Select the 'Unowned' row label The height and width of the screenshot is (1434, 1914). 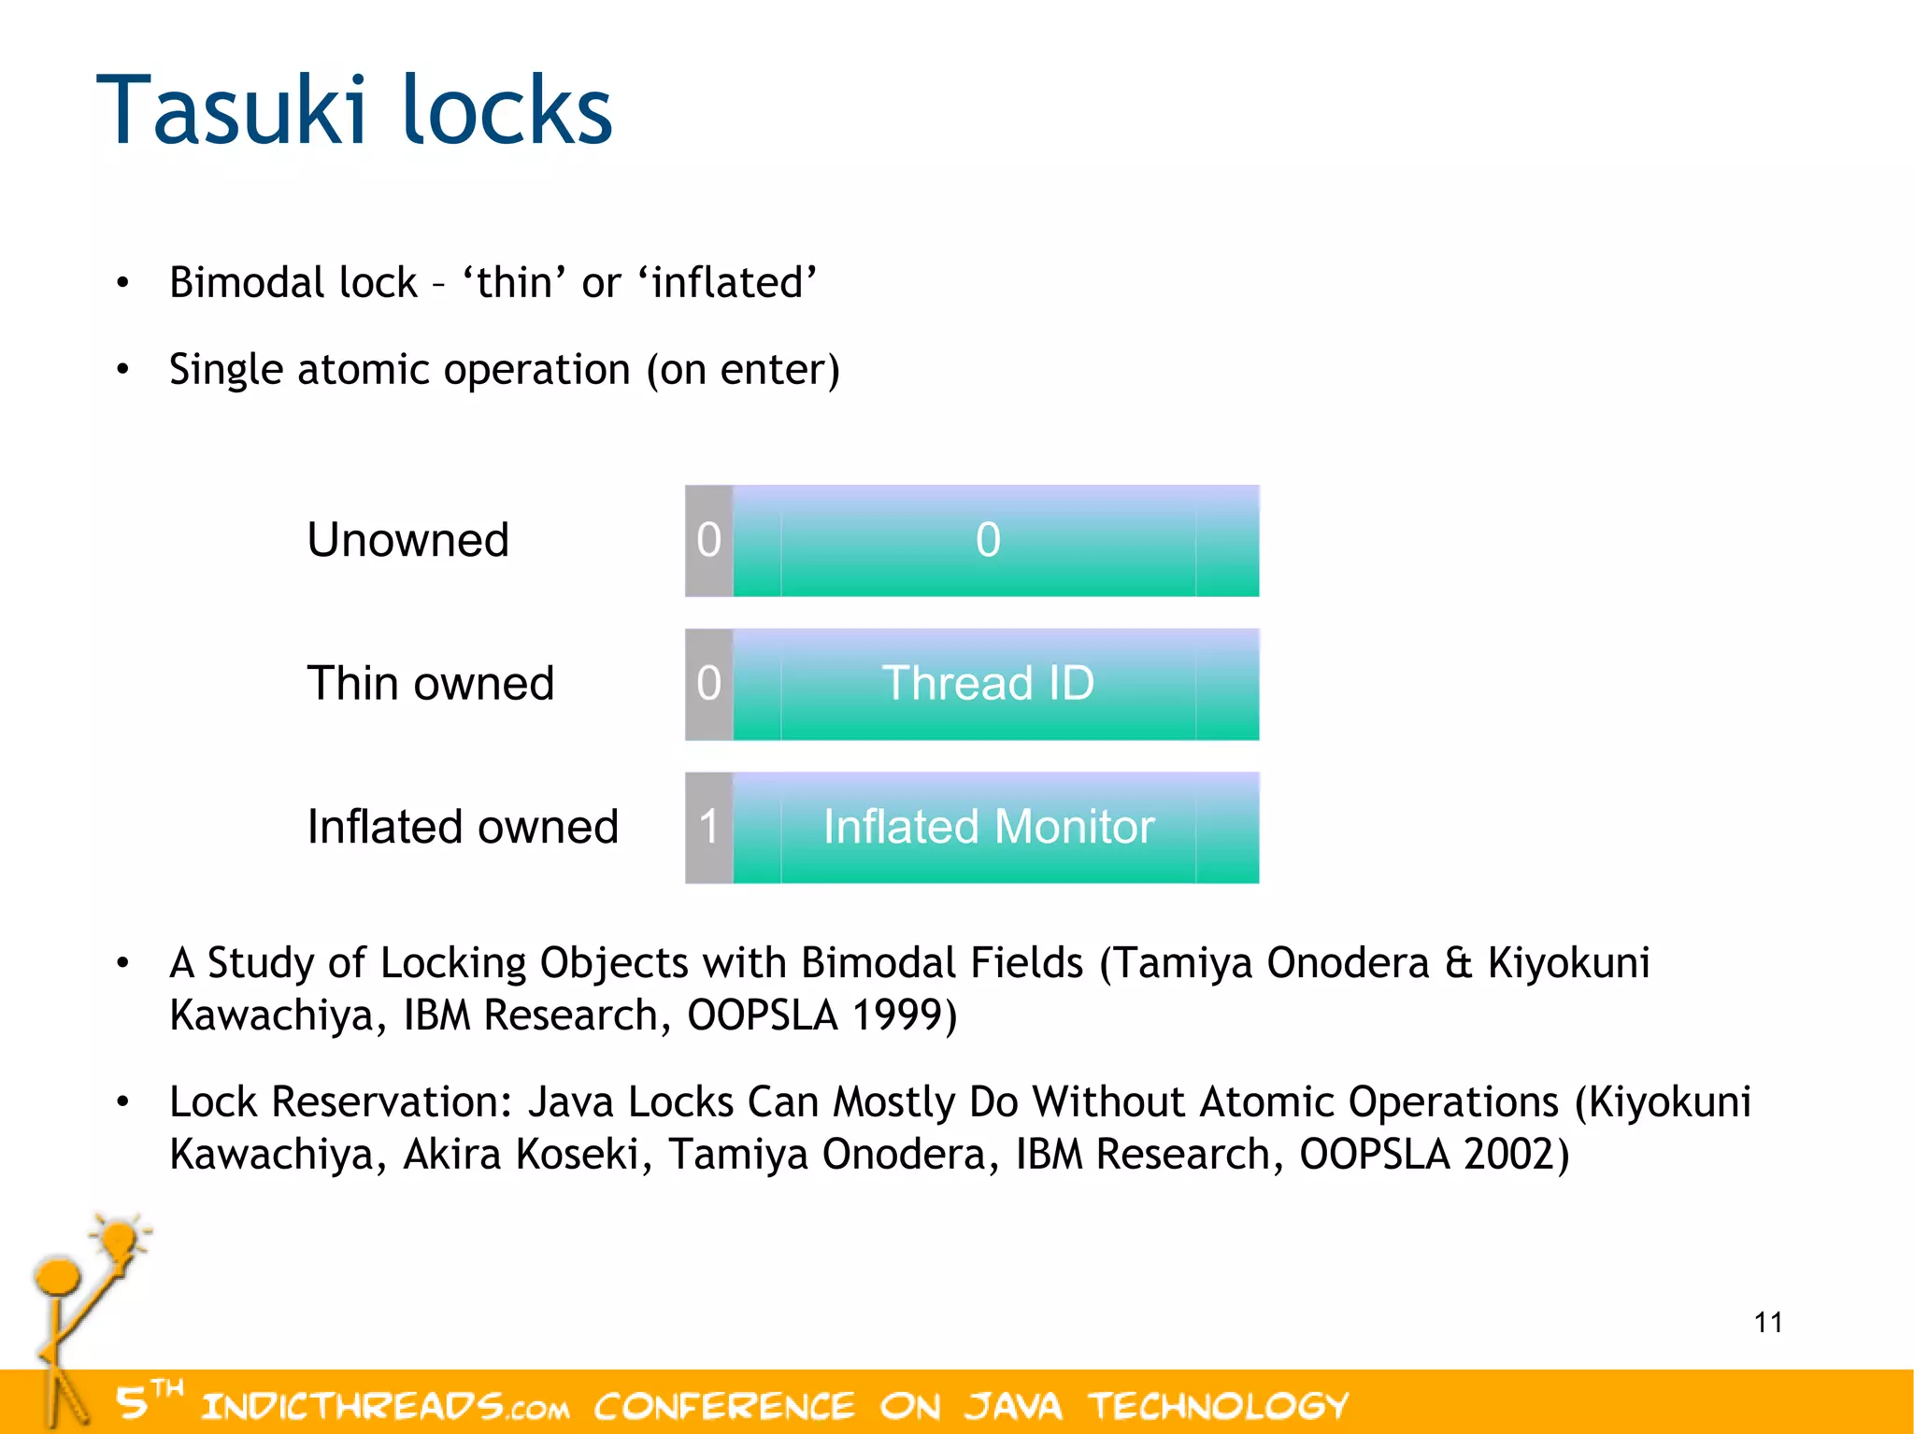tap(407, 540)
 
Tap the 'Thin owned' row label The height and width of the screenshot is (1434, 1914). tap(430, 683)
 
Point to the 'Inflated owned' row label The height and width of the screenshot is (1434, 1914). tap(463, 827)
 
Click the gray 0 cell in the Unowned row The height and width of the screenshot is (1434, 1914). tap(708, 541)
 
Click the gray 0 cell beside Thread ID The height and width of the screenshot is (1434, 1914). tap(708, 684)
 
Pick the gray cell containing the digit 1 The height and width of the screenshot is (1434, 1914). tap(708, 828)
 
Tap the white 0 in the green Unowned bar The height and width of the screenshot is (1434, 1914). tap(988, 540)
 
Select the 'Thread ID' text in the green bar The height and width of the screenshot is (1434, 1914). tap(988, 683)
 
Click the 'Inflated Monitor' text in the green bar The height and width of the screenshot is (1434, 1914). tap(988, 827)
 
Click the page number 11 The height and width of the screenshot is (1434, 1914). tap(1767, 1322)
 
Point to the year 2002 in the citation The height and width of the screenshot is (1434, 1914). tap(1507, 1154)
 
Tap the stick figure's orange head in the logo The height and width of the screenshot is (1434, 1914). tap(58, 1276)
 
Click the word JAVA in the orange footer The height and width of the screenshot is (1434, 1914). tap(1014, 1405)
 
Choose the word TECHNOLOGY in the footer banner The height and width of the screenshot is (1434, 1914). tap(1219, 1405)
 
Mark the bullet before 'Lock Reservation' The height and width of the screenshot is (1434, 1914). tap(122, 1102)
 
